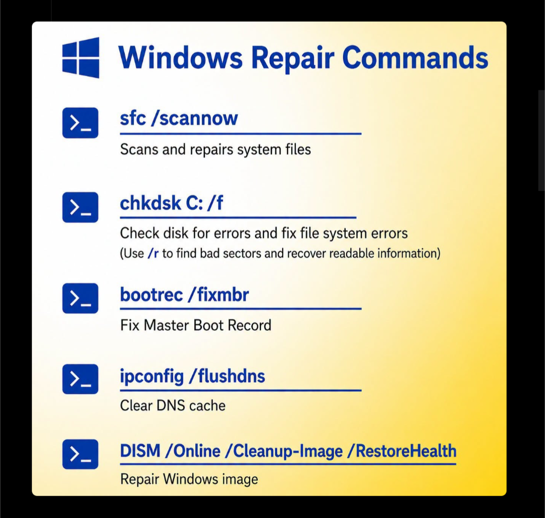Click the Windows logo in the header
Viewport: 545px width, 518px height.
point(81,57)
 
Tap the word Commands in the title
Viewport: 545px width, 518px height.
point(415,57)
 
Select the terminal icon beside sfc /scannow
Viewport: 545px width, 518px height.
point(80,123)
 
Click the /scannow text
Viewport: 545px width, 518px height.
point(195,119)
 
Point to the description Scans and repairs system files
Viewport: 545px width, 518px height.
point(215,150)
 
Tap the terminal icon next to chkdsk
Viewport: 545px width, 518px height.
point(80,207)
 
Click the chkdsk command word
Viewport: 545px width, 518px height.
point(150,203)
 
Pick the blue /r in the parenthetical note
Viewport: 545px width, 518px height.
point(153,253)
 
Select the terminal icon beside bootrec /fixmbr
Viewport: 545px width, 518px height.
point(80,299)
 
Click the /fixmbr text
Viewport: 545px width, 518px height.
point(219,295)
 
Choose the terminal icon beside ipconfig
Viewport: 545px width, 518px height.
point(80,379)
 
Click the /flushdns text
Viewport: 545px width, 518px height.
point(227,376)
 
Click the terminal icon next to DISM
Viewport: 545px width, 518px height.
point(80,454)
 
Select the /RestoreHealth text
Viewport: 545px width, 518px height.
point(402,451)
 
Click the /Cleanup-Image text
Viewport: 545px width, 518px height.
point(284,451)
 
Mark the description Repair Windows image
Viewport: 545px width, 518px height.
point(189,479)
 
